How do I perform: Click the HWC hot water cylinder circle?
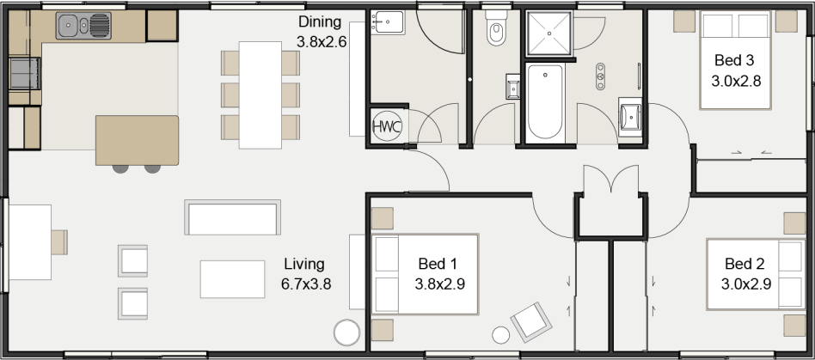pyautogui.click(x=387, y=126)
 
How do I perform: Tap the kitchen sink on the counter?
pyautogui.click(x=83, y=26)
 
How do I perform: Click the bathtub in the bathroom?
pyautogui.click(x=545, y=102)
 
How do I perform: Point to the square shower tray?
pyautogui.click(x=548, y=34)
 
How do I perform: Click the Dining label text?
pyautogui.click(x=320, y=22)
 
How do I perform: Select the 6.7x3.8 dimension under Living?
pyautogui.click(x=306, y=284)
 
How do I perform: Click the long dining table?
pyautogui.click(x=260, y=95)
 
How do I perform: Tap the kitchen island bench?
pyautogui.click(x=138, y=140)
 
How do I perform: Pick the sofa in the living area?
pyautogui.click(x=232, y=217)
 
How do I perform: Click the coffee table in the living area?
pyautogui.click(x=232, y=279)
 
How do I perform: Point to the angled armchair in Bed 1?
pyautogui.click(x=531, y=322)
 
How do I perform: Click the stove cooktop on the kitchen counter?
pyautogui.click(x=24, y=73)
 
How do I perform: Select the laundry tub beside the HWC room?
pyautogui.click(x=388, y=22)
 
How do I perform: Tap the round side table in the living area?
pyautogui.click(x=346, y=333)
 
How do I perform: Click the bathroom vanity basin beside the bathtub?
pyautogui.click(x=630, y=116)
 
